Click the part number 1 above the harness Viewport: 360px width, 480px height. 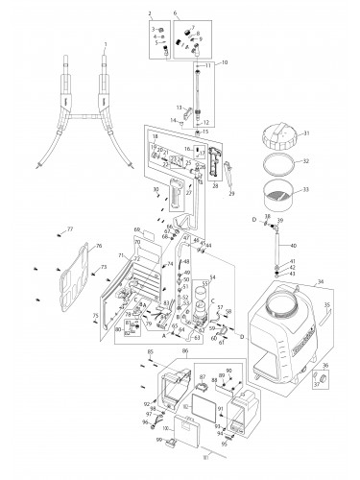coord(105,44)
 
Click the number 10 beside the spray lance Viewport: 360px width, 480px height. coord(224,62)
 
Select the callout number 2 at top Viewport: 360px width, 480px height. coord(150,12)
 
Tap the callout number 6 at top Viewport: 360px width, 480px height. coord(175,12)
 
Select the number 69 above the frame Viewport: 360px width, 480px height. coord(138,229)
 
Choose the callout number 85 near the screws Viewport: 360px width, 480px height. coord(151,353)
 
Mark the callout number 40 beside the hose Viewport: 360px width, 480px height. coord(293,246)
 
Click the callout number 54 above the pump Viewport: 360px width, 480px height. coord(213,276)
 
